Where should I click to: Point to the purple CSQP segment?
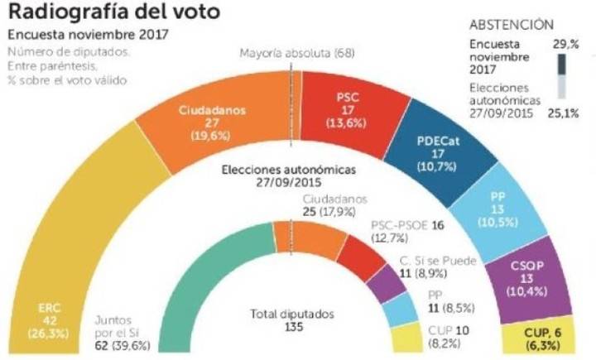pos(531,277)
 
